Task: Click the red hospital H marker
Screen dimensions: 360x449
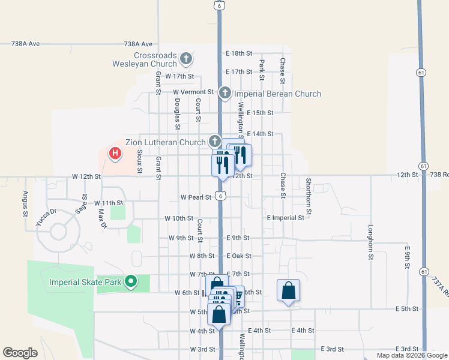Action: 115,154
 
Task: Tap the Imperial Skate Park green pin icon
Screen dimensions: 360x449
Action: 130,281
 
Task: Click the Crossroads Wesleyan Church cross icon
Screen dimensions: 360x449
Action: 186,59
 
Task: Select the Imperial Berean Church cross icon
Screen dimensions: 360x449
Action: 224,93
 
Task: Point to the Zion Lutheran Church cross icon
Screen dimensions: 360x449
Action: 215,142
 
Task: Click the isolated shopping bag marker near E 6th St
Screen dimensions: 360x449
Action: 288,291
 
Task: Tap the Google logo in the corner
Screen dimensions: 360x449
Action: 20,353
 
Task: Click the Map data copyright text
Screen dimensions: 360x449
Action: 411,355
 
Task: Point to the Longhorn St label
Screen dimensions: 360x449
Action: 370,242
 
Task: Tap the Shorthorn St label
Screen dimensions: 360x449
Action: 308,196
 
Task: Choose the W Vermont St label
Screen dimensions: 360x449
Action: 193,92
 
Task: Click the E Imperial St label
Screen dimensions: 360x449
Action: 285,218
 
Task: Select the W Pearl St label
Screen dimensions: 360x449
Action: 196,197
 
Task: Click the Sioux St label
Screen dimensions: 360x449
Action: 139,162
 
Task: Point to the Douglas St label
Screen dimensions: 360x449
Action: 177,115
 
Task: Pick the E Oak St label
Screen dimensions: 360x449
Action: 238,256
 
